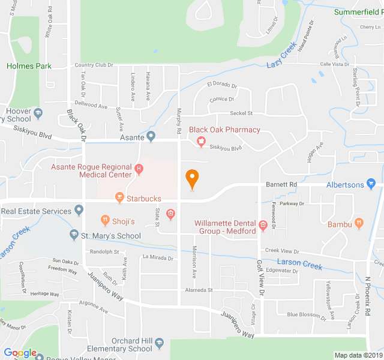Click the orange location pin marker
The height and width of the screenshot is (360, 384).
[x=192, y=179]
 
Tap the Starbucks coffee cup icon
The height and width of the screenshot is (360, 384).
[x=119, y=197]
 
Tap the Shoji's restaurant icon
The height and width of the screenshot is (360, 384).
[x=105, y=221]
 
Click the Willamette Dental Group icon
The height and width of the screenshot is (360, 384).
[x=263, y=226]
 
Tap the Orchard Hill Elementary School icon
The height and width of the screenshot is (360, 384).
[x=159, y=344]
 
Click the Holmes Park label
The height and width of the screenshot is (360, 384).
[x=29, y=66]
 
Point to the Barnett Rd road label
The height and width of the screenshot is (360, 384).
[x=281, y=185]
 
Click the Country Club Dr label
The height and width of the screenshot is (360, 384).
[x=94, y=65]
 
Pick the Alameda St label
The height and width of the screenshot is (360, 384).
[x=199, y=290]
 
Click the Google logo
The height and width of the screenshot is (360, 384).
[x=20, y=353]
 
